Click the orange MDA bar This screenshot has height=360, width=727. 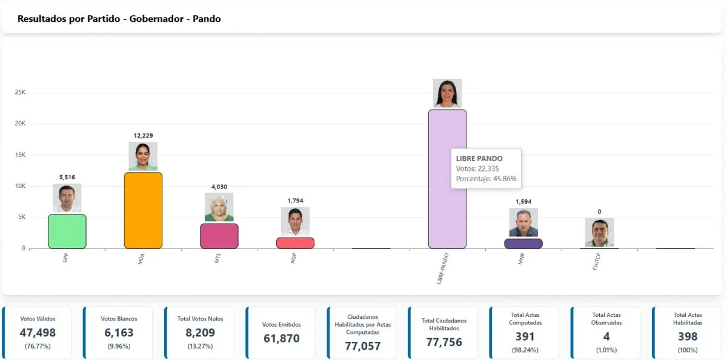143,210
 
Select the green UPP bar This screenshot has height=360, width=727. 67,232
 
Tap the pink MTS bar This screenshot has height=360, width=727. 219,236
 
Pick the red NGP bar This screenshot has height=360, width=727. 295,242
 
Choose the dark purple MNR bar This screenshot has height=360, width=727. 523,243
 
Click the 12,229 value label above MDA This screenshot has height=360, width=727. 143,135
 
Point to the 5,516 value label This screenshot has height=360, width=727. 67,177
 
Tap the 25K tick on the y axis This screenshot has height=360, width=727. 20,92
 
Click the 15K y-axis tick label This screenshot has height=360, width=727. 20,155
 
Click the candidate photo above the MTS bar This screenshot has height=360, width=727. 219,207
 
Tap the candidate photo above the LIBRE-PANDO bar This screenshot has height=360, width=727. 447,93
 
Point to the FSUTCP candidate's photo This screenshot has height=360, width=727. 600,232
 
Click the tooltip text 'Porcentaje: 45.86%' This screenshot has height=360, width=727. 486,179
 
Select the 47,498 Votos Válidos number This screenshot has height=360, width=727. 36,333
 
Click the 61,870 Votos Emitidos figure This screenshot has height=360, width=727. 281,338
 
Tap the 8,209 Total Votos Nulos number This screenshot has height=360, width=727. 199,333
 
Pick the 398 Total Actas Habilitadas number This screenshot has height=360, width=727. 688,336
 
